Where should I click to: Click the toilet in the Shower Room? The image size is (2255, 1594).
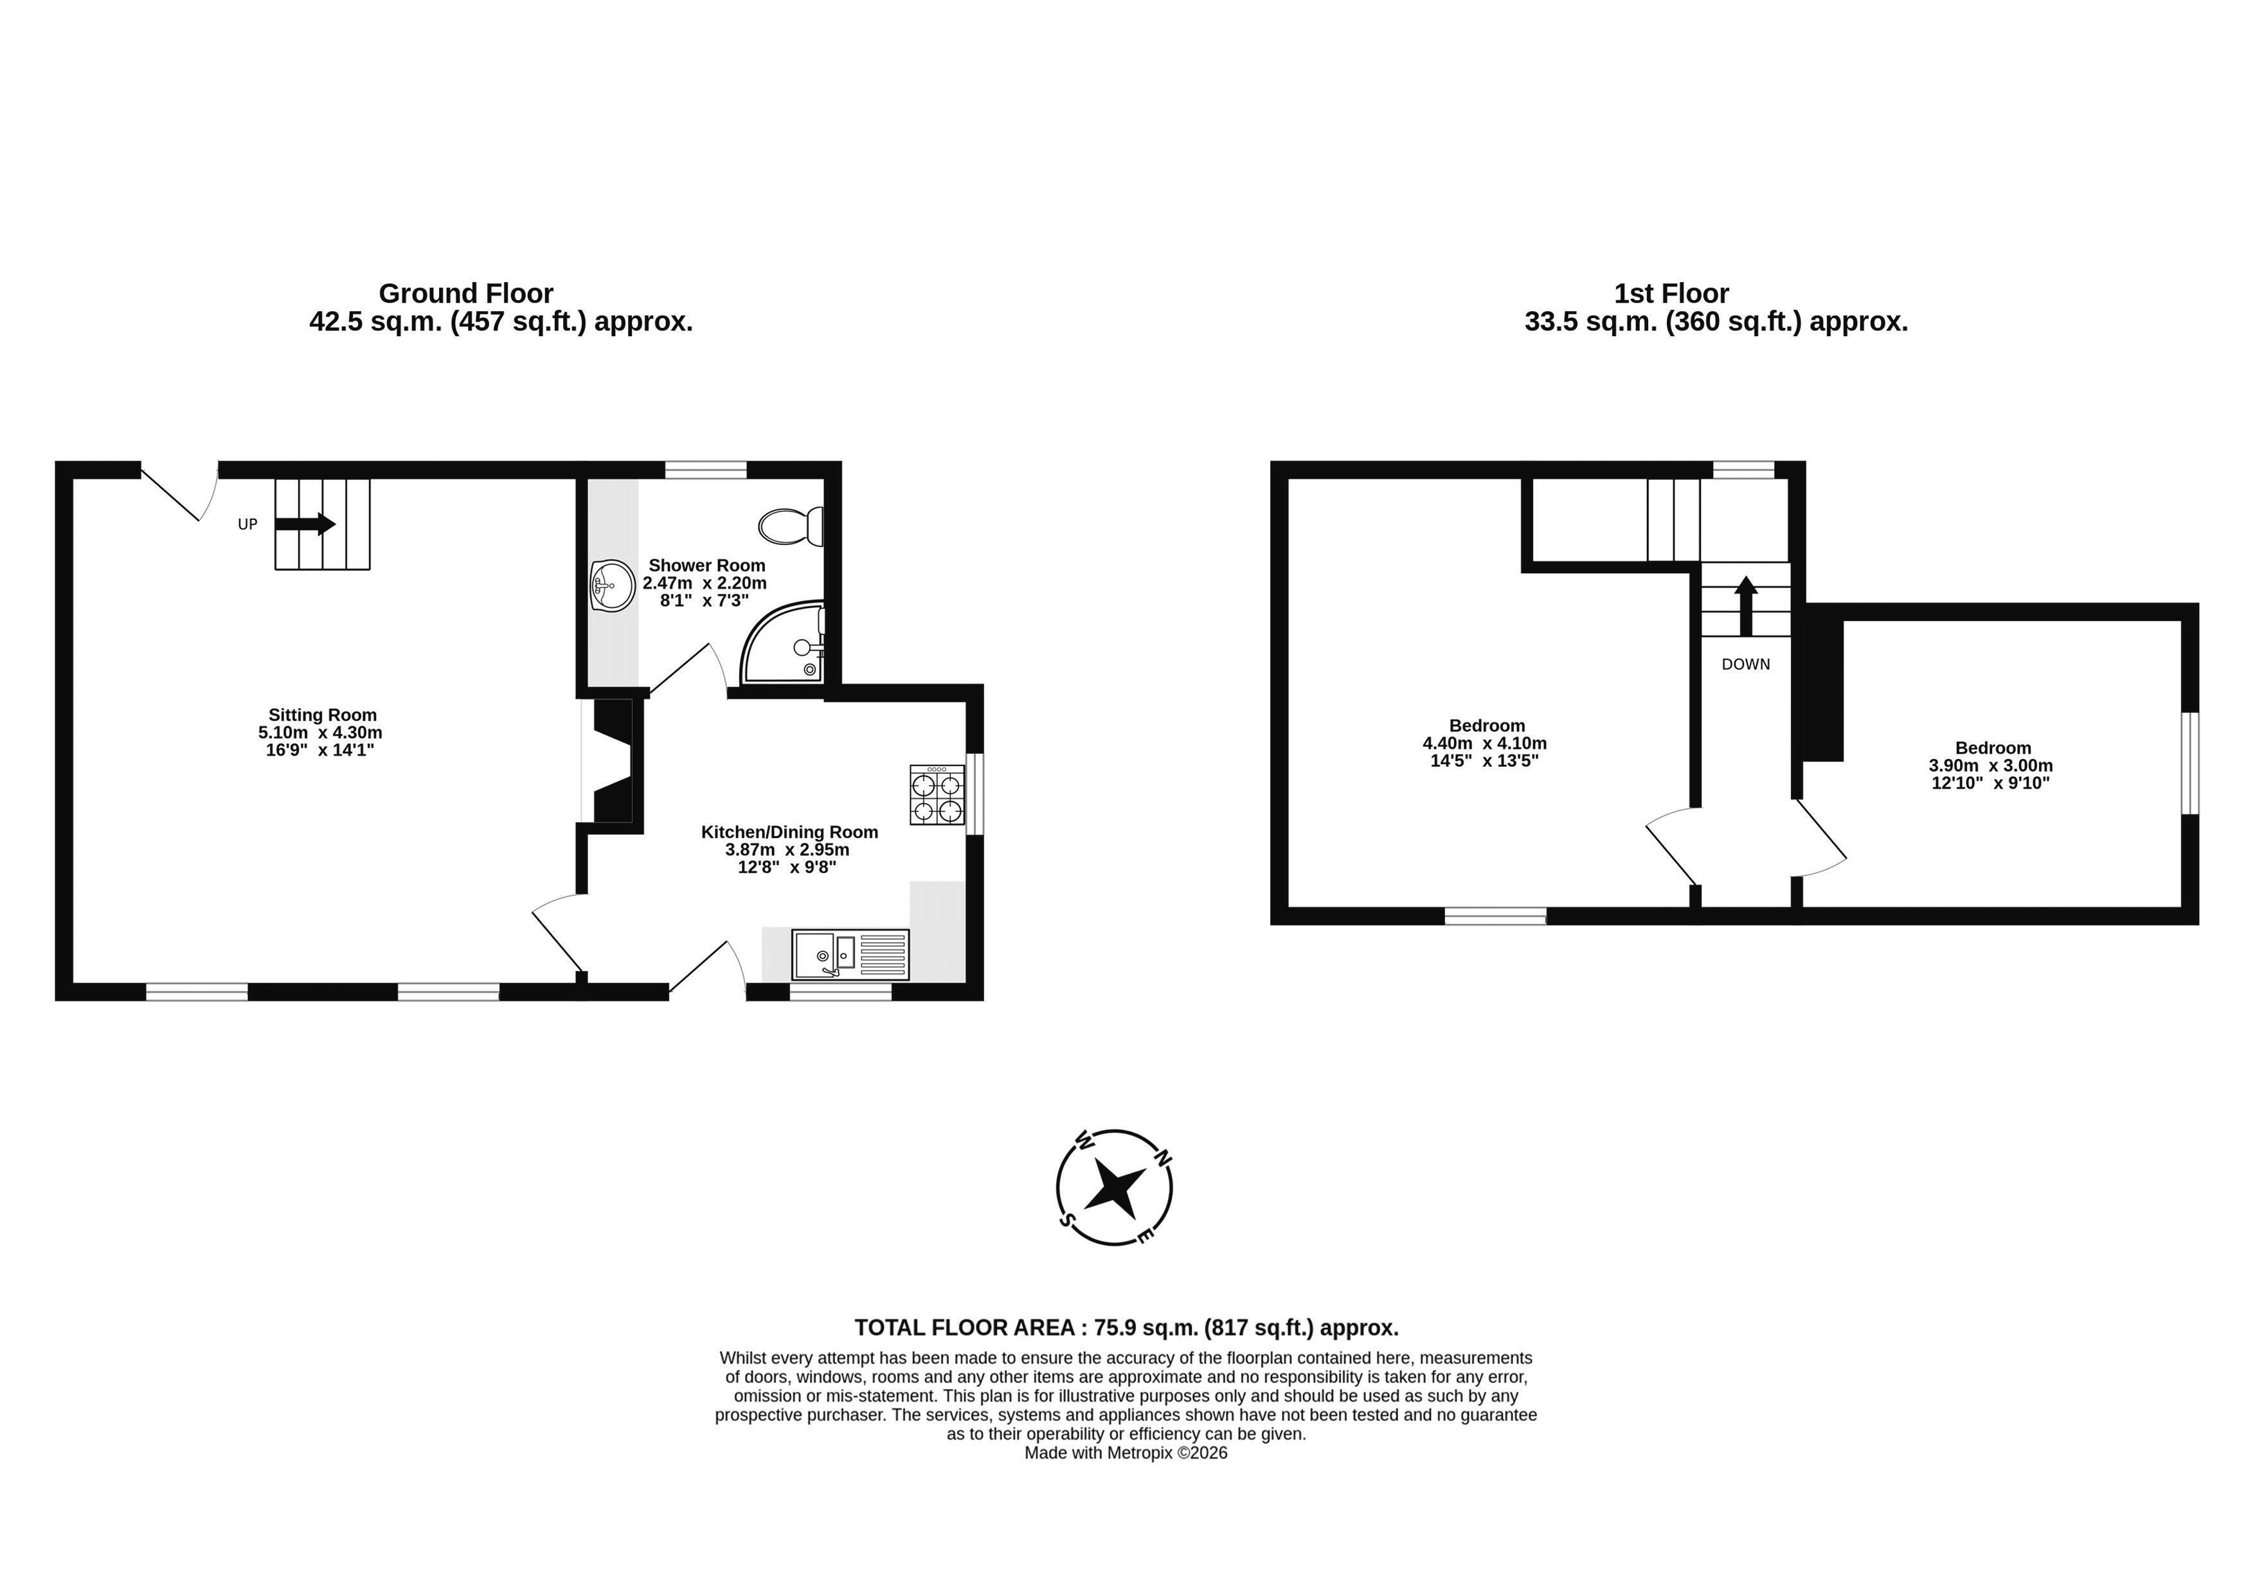click(791, 526)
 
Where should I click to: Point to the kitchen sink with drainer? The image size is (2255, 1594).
click(850, 954)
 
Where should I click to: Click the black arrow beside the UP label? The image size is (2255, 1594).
click(305, 524)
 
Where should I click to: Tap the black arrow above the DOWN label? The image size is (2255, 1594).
click(1745, 606)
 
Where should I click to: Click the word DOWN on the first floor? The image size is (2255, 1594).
click(1745, 665)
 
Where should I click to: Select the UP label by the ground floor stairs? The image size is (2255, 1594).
click(247, 524)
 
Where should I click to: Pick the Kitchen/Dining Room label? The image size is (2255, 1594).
click(789, 832)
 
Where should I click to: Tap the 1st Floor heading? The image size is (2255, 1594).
click(1671, 294)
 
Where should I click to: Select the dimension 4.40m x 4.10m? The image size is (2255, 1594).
click(1484, 744)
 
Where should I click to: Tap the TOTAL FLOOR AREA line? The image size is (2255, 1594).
click(1126, 1328)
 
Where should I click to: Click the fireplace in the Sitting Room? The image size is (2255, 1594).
click(612, 760)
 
